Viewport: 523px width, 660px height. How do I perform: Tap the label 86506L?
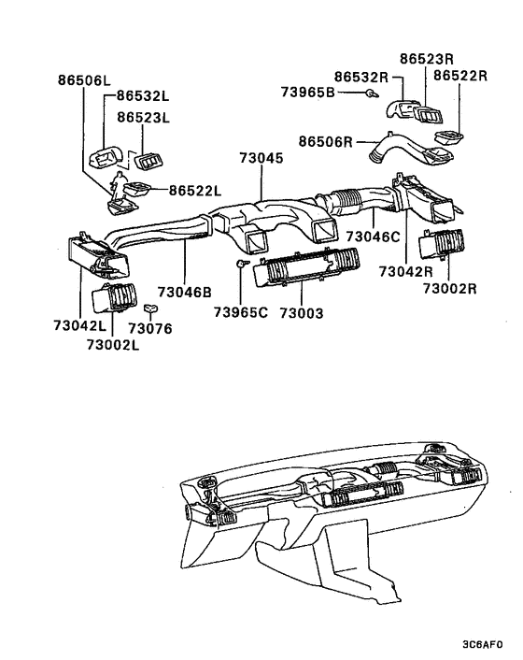(x=78, y=81)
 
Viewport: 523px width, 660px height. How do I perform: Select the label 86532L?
(x=144, y=95)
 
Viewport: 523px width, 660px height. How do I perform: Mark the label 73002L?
(x=112, y=345)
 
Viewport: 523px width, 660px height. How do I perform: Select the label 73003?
(x=302, y=311)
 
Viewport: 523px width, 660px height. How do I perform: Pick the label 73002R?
(x=449, y=288)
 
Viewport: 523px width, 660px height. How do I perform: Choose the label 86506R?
(x=325, y=141)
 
